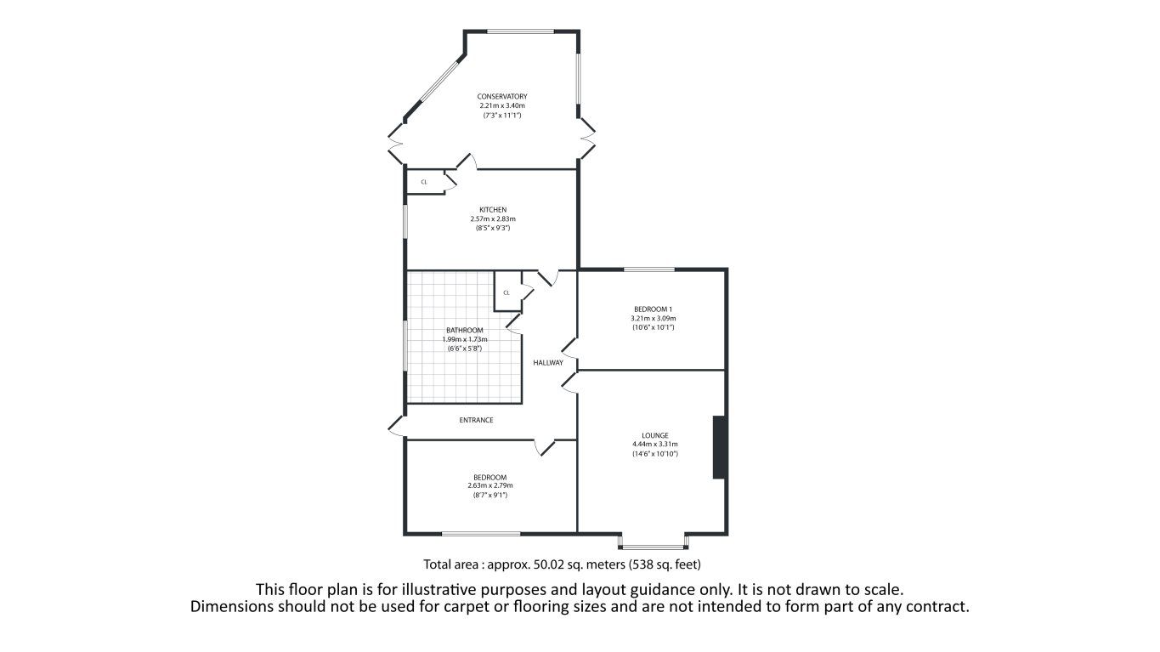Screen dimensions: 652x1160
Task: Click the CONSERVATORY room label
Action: [x=502, y=96]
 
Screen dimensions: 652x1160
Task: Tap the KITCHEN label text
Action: [x=493, y=210]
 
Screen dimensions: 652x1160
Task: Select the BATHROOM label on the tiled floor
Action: [x=465, y=331]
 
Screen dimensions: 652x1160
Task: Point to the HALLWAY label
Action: [x=548, y=363]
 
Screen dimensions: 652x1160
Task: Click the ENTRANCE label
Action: [x=476, y=420]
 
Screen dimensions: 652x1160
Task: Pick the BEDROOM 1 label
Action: [x=653, y=309]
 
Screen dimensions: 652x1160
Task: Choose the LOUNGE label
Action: [x=654, y=435]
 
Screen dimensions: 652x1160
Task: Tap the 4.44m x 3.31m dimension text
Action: [x=654, y=444]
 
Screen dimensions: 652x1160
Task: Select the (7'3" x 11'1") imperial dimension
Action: [x=502, y=115]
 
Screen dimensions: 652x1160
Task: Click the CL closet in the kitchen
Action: [x=424, y=182]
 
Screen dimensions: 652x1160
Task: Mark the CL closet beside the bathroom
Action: [x=506, y=292]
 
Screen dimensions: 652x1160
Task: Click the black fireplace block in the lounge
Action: [x=718, y=447]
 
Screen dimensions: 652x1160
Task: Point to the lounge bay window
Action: [x=653, y=542]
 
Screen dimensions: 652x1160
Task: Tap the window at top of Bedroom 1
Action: [x=649, y=269]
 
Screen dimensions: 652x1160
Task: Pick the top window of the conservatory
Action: [x=520, y=32]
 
